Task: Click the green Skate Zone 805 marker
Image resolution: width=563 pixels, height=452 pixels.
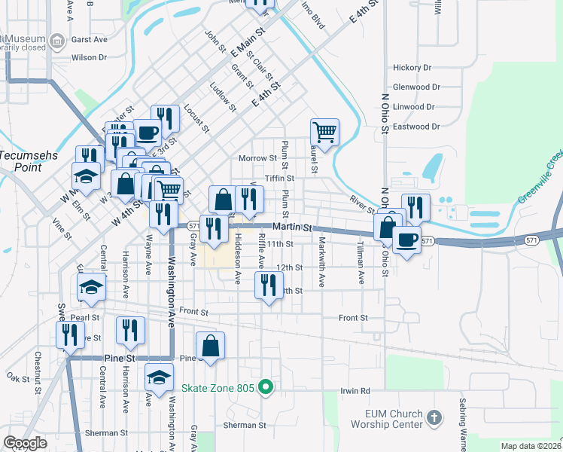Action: (x=265, y=388)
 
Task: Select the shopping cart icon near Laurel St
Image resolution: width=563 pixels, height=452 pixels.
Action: (x=324, y=132)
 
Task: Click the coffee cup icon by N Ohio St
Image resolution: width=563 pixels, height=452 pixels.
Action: (x=406, y=240)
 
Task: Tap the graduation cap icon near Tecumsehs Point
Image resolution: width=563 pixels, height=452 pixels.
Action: (x=86, y=176)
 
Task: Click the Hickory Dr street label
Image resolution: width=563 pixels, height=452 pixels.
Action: (x=412, y=67)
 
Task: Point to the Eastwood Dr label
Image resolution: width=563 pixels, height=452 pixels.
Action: (x=416, y=127)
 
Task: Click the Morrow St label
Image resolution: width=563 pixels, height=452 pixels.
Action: (x=257, y=158)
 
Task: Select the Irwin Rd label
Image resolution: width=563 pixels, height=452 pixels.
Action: (x=355, y=391)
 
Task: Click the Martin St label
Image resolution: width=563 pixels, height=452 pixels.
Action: (x=292, y=226)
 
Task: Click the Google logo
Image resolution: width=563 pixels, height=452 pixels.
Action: (x=25, y=443)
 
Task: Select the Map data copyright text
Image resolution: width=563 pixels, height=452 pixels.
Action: (x=531, y=446)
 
